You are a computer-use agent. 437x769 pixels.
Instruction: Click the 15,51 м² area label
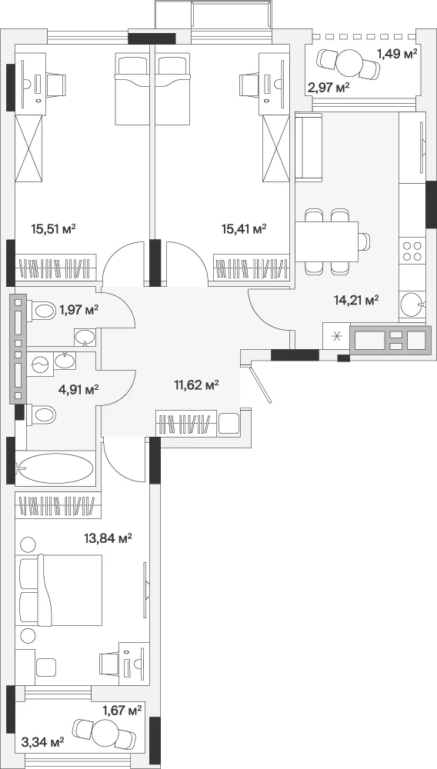point(53,228)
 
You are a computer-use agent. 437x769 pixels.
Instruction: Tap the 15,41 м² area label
point(244,228)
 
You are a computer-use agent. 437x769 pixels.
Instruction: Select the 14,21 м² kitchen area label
point(356,300)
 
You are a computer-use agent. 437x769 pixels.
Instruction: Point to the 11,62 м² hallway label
point(197,384)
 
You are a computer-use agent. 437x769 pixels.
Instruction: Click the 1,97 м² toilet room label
point(79,309)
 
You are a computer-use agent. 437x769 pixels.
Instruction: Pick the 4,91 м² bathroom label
point(78,390)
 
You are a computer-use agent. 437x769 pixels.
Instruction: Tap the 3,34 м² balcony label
point(44,741)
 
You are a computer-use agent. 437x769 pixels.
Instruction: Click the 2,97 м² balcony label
point(329,88)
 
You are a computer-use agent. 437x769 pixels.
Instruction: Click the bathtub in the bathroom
point(55,468)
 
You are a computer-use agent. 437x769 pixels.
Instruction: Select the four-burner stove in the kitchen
point(412,251)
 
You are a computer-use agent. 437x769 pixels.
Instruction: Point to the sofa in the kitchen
point(309,147)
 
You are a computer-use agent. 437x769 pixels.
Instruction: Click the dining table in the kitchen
point(327,241)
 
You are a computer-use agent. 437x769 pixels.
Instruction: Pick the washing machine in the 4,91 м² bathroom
point(39,365)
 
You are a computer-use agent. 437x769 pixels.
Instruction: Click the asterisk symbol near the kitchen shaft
point(336,337)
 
